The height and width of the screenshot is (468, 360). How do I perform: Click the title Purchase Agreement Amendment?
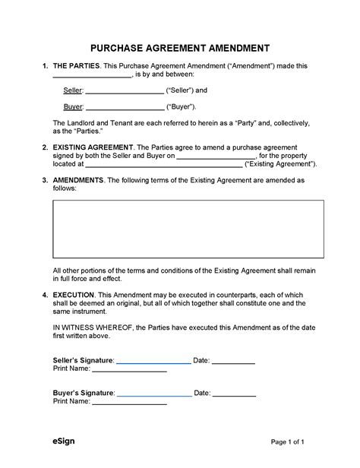(180, 46)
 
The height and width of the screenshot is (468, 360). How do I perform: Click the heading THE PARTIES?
(76, 67)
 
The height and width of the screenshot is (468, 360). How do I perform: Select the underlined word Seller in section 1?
(73, 90)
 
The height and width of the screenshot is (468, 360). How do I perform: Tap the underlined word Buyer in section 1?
(73, 106)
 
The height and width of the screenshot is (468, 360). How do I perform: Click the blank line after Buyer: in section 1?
(124, 108)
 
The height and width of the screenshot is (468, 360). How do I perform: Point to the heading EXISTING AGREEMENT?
(93, 147)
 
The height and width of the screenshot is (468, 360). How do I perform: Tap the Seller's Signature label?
(83, 359)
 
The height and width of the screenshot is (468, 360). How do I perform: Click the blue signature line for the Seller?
(153, 362)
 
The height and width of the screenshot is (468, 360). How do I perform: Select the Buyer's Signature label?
(84, 393)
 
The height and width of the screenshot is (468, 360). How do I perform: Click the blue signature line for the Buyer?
(153, 395)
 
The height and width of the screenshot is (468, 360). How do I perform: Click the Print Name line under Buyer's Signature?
(129, 404)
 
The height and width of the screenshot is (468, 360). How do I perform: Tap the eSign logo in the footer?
(64, 441)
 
